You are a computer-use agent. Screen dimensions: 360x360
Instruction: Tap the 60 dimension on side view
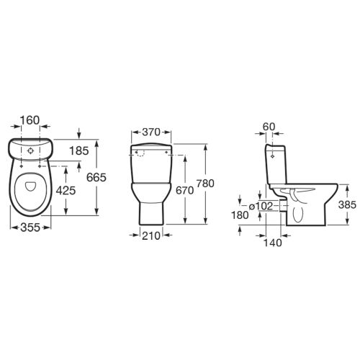269,127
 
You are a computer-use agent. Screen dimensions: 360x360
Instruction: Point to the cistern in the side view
276,166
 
